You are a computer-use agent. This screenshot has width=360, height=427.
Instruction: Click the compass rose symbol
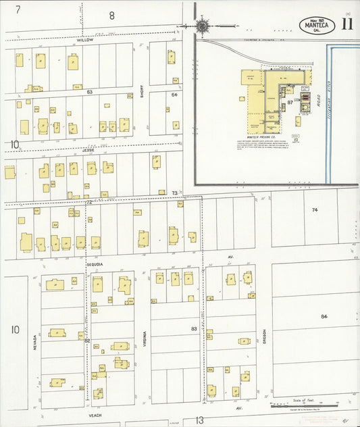[x=203, y=26]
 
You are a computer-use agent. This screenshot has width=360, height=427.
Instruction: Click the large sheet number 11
[x=347, y=24]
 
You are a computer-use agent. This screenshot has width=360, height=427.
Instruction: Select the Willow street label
[x=84, y=41]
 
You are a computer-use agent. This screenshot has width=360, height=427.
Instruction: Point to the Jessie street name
[x=88, y=151]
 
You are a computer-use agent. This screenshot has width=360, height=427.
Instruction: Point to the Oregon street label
[x=264, y=336]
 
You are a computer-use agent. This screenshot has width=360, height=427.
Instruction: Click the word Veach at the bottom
[x=94, y=416]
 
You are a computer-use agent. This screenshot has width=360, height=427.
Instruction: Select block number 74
[x=315, y=210]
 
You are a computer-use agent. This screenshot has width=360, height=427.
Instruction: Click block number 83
[x=195, y=328]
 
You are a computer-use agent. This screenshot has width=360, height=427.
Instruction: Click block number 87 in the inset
[x=290, y=102]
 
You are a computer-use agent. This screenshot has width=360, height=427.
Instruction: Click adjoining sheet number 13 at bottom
[x=199, y=420]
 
